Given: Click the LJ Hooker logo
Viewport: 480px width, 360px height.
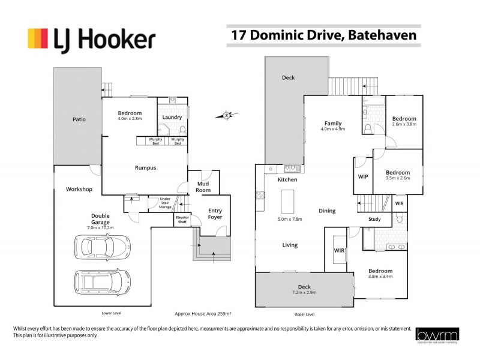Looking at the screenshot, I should click(x=91, y=40).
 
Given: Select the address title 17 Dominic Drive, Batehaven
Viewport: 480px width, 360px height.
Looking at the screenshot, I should click(x=324, y=35).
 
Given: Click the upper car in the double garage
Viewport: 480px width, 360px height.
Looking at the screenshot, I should click(x=103, y=246).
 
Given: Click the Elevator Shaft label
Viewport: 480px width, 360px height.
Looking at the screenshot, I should click(x=182, y=220).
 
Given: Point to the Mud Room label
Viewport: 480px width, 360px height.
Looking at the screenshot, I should click(x=203, y=187).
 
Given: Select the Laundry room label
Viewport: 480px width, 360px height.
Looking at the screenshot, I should click(x=172, y=117).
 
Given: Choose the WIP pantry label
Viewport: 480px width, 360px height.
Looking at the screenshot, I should click(x=362, y=177).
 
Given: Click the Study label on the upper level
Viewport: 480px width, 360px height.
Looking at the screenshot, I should click(x=374, y=219).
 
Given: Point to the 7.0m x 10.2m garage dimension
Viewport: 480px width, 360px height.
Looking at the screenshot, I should click(x=100, y=228).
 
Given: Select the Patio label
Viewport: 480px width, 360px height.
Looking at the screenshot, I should click(x=79, y=119).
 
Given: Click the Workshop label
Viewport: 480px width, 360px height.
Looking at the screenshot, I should click(x=79, y=190).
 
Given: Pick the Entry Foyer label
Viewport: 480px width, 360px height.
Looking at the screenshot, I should click(x=215, y=214).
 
